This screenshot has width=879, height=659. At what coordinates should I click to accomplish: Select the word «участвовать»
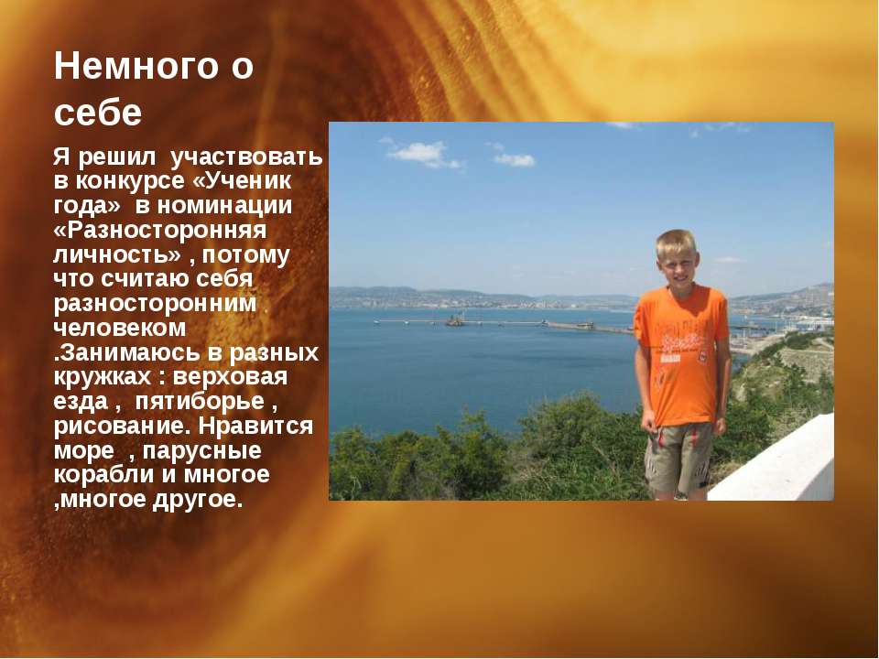tap(246, 157)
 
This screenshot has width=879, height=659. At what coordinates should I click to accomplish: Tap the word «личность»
tap(117, 255)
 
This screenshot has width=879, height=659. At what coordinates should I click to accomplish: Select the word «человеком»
tap(120, 328)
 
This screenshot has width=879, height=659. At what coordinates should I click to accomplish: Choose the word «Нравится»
tap(255, 426)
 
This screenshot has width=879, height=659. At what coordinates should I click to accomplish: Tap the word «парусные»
tap(201, 451)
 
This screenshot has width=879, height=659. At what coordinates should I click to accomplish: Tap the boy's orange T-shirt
tap(681, 353)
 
